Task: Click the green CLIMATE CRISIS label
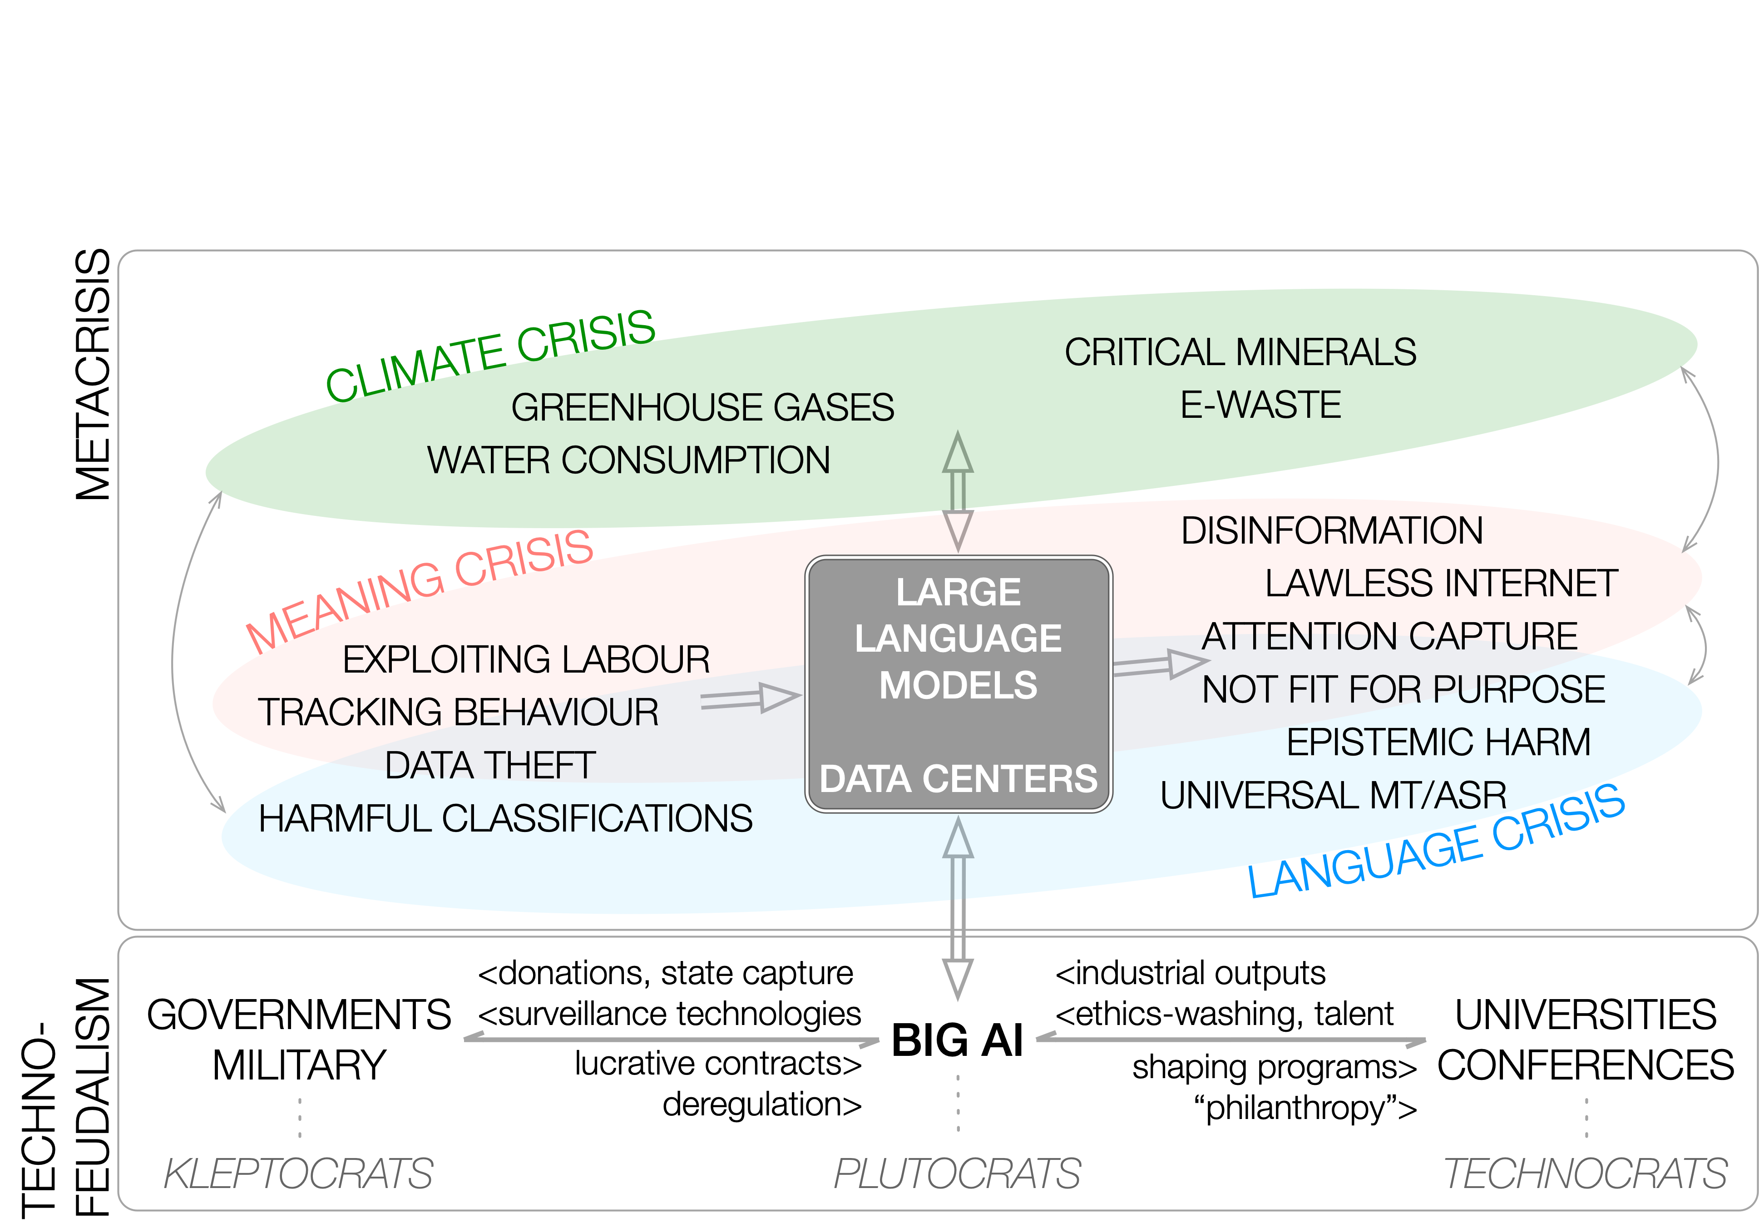490,355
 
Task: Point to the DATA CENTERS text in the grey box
958,778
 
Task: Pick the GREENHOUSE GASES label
702,407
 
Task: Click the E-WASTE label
1260,405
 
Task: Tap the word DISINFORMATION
1331,530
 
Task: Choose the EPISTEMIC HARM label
1438,742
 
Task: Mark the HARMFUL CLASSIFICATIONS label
506,818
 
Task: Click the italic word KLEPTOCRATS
299,1174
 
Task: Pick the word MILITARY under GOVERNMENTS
300,1065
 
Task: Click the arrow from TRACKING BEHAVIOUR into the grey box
751,698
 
